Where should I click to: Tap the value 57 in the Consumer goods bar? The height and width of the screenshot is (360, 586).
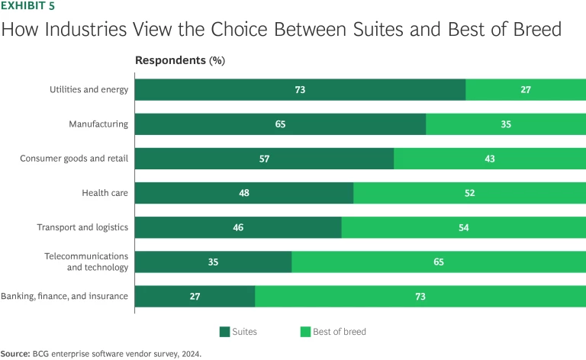point(264,159)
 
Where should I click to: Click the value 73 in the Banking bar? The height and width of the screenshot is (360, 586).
point(420,296)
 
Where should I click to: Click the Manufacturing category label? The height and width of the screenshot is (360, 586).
point(98,124)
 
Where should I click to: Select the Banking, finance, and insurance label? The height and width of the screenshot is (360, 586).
point(64,296)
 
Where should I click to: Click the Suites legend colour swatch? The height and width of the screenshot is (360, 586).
point(224,332)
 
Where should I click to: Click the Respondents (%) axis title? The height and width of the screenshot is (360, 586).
point(180,59)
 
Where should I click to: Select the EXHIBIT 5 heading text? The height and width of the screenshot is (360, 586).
point(27,7)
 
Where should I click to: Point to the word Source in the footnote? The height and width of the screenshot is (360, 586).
point(14,354)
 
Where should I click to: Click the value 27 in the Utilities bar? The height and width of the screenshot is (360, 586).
point(526,90)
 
